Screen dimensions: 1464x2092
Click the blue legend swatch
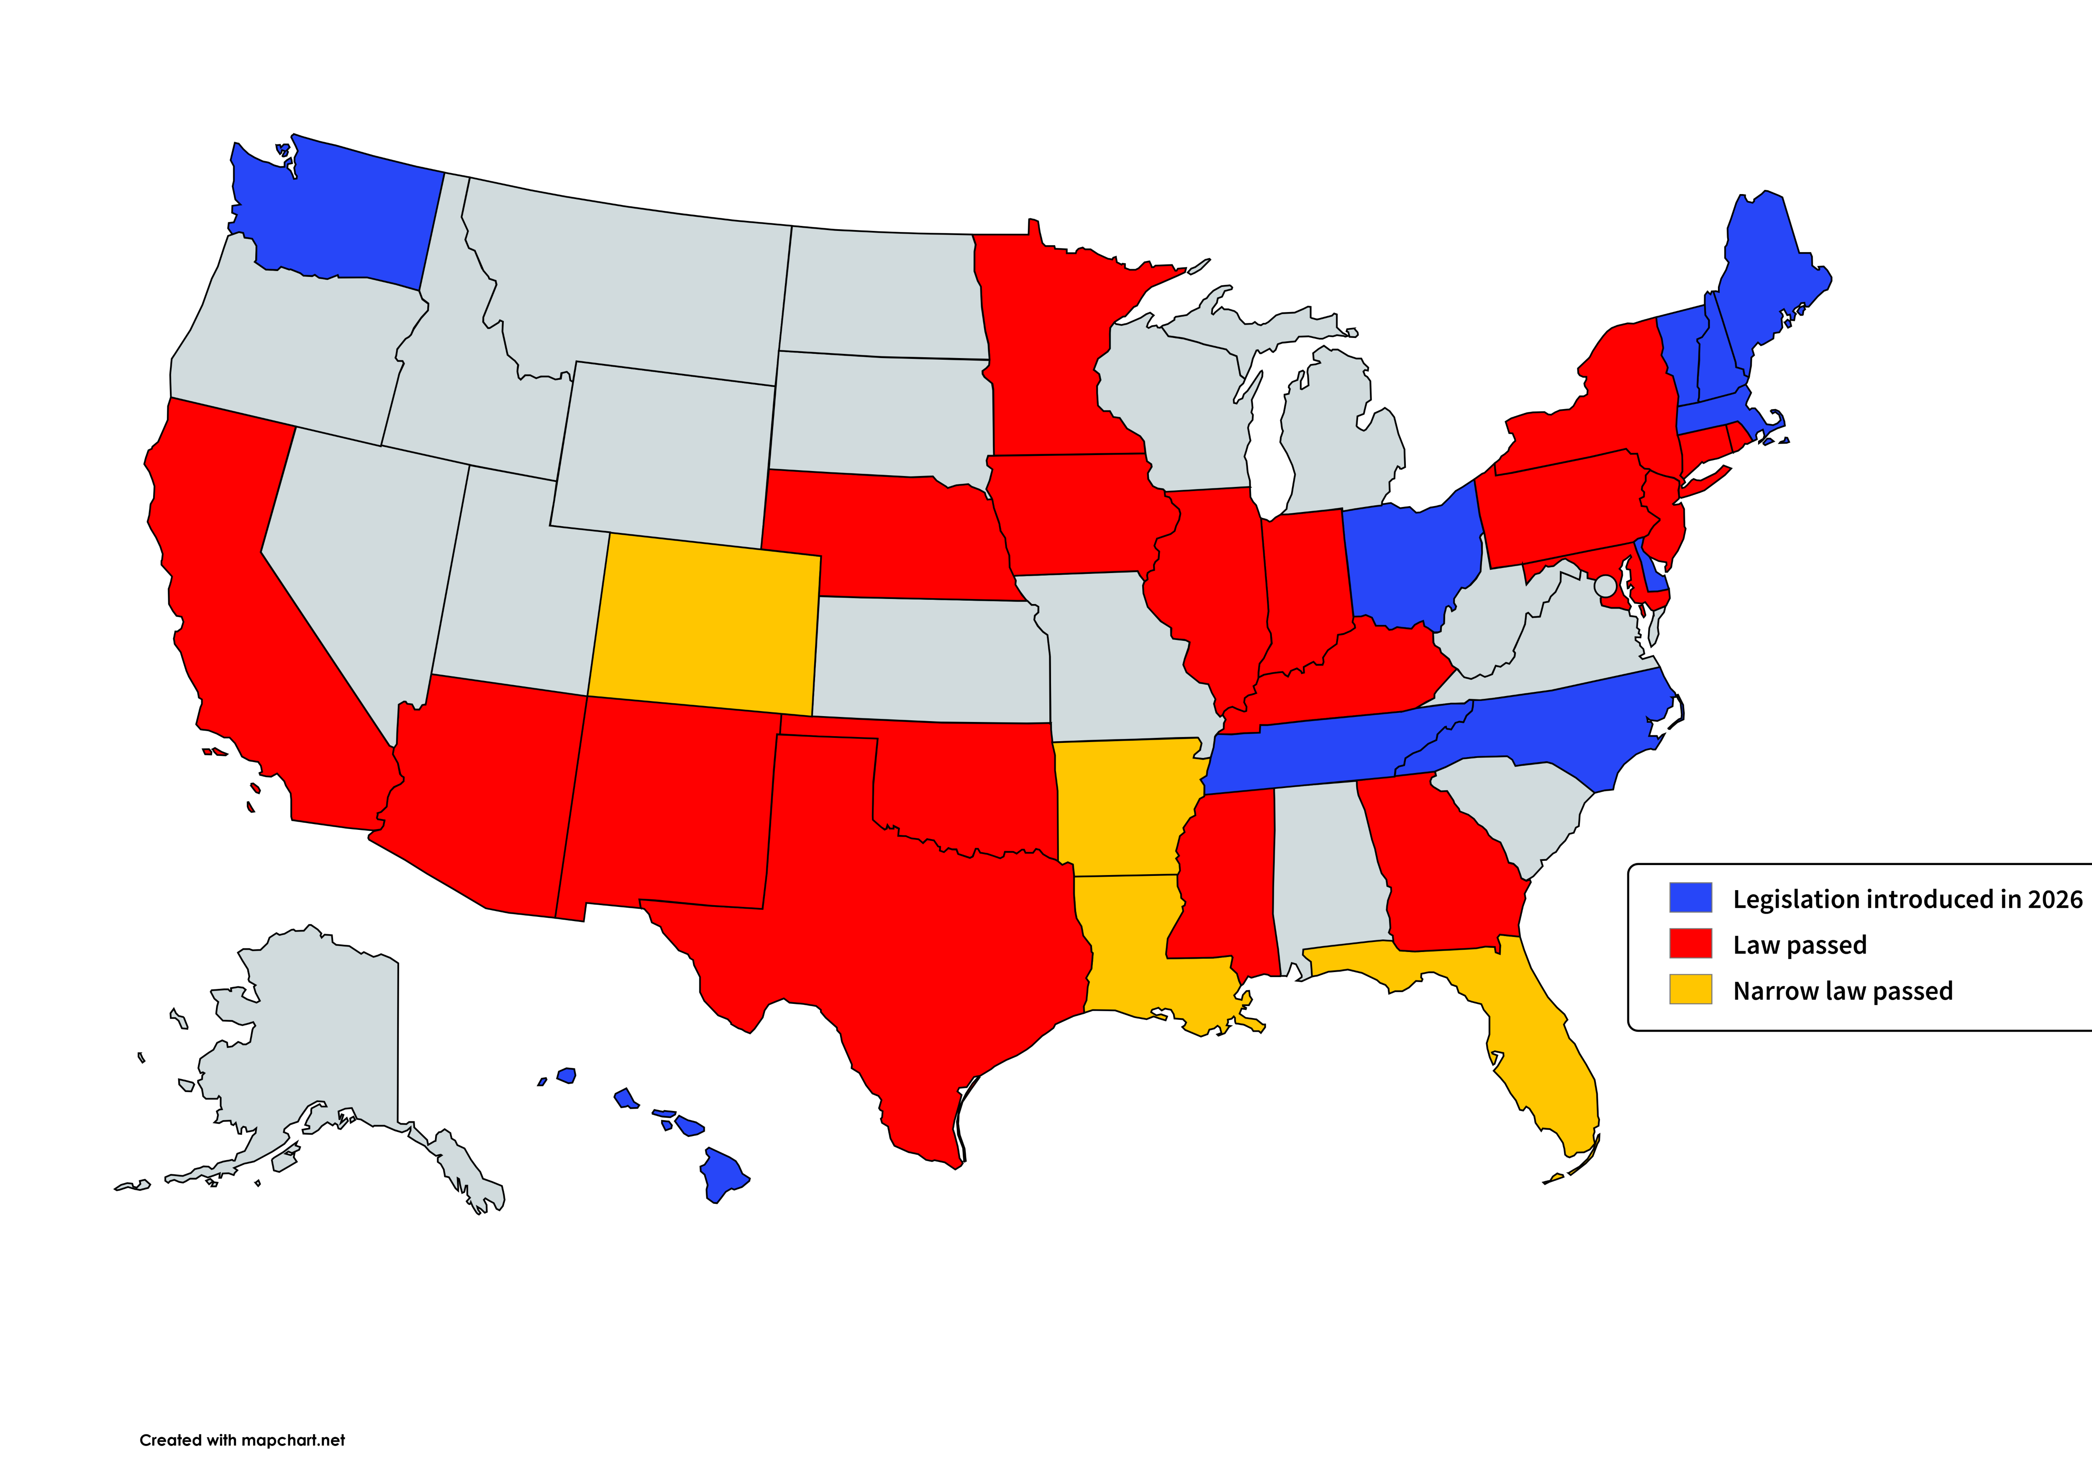point(1690,897)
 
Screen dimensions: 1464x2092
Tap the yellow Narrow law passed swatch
point(1690,989)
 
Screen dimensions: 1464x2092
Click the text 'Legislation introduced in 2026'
point(1907,899)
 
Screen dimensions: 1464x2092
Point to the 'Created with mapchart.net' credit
point(242,1440)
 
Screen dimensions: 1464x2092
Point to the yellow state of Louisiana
point(1125,947)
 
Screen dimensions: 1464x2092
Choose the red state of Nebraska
point(893,537)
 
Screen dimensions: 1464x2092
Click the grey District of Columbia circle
point(1605,586)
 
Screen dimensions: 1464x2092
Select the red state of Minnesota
point(1048,346)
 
